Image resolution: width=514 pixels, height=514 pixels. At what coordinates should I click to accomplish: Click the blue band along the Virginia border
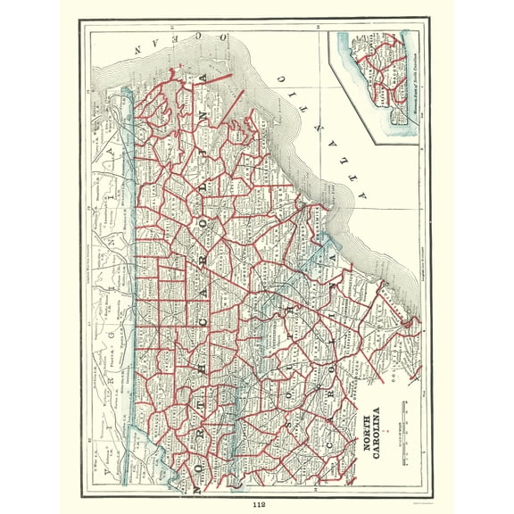pyautogui.click(x=130, y=268)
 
